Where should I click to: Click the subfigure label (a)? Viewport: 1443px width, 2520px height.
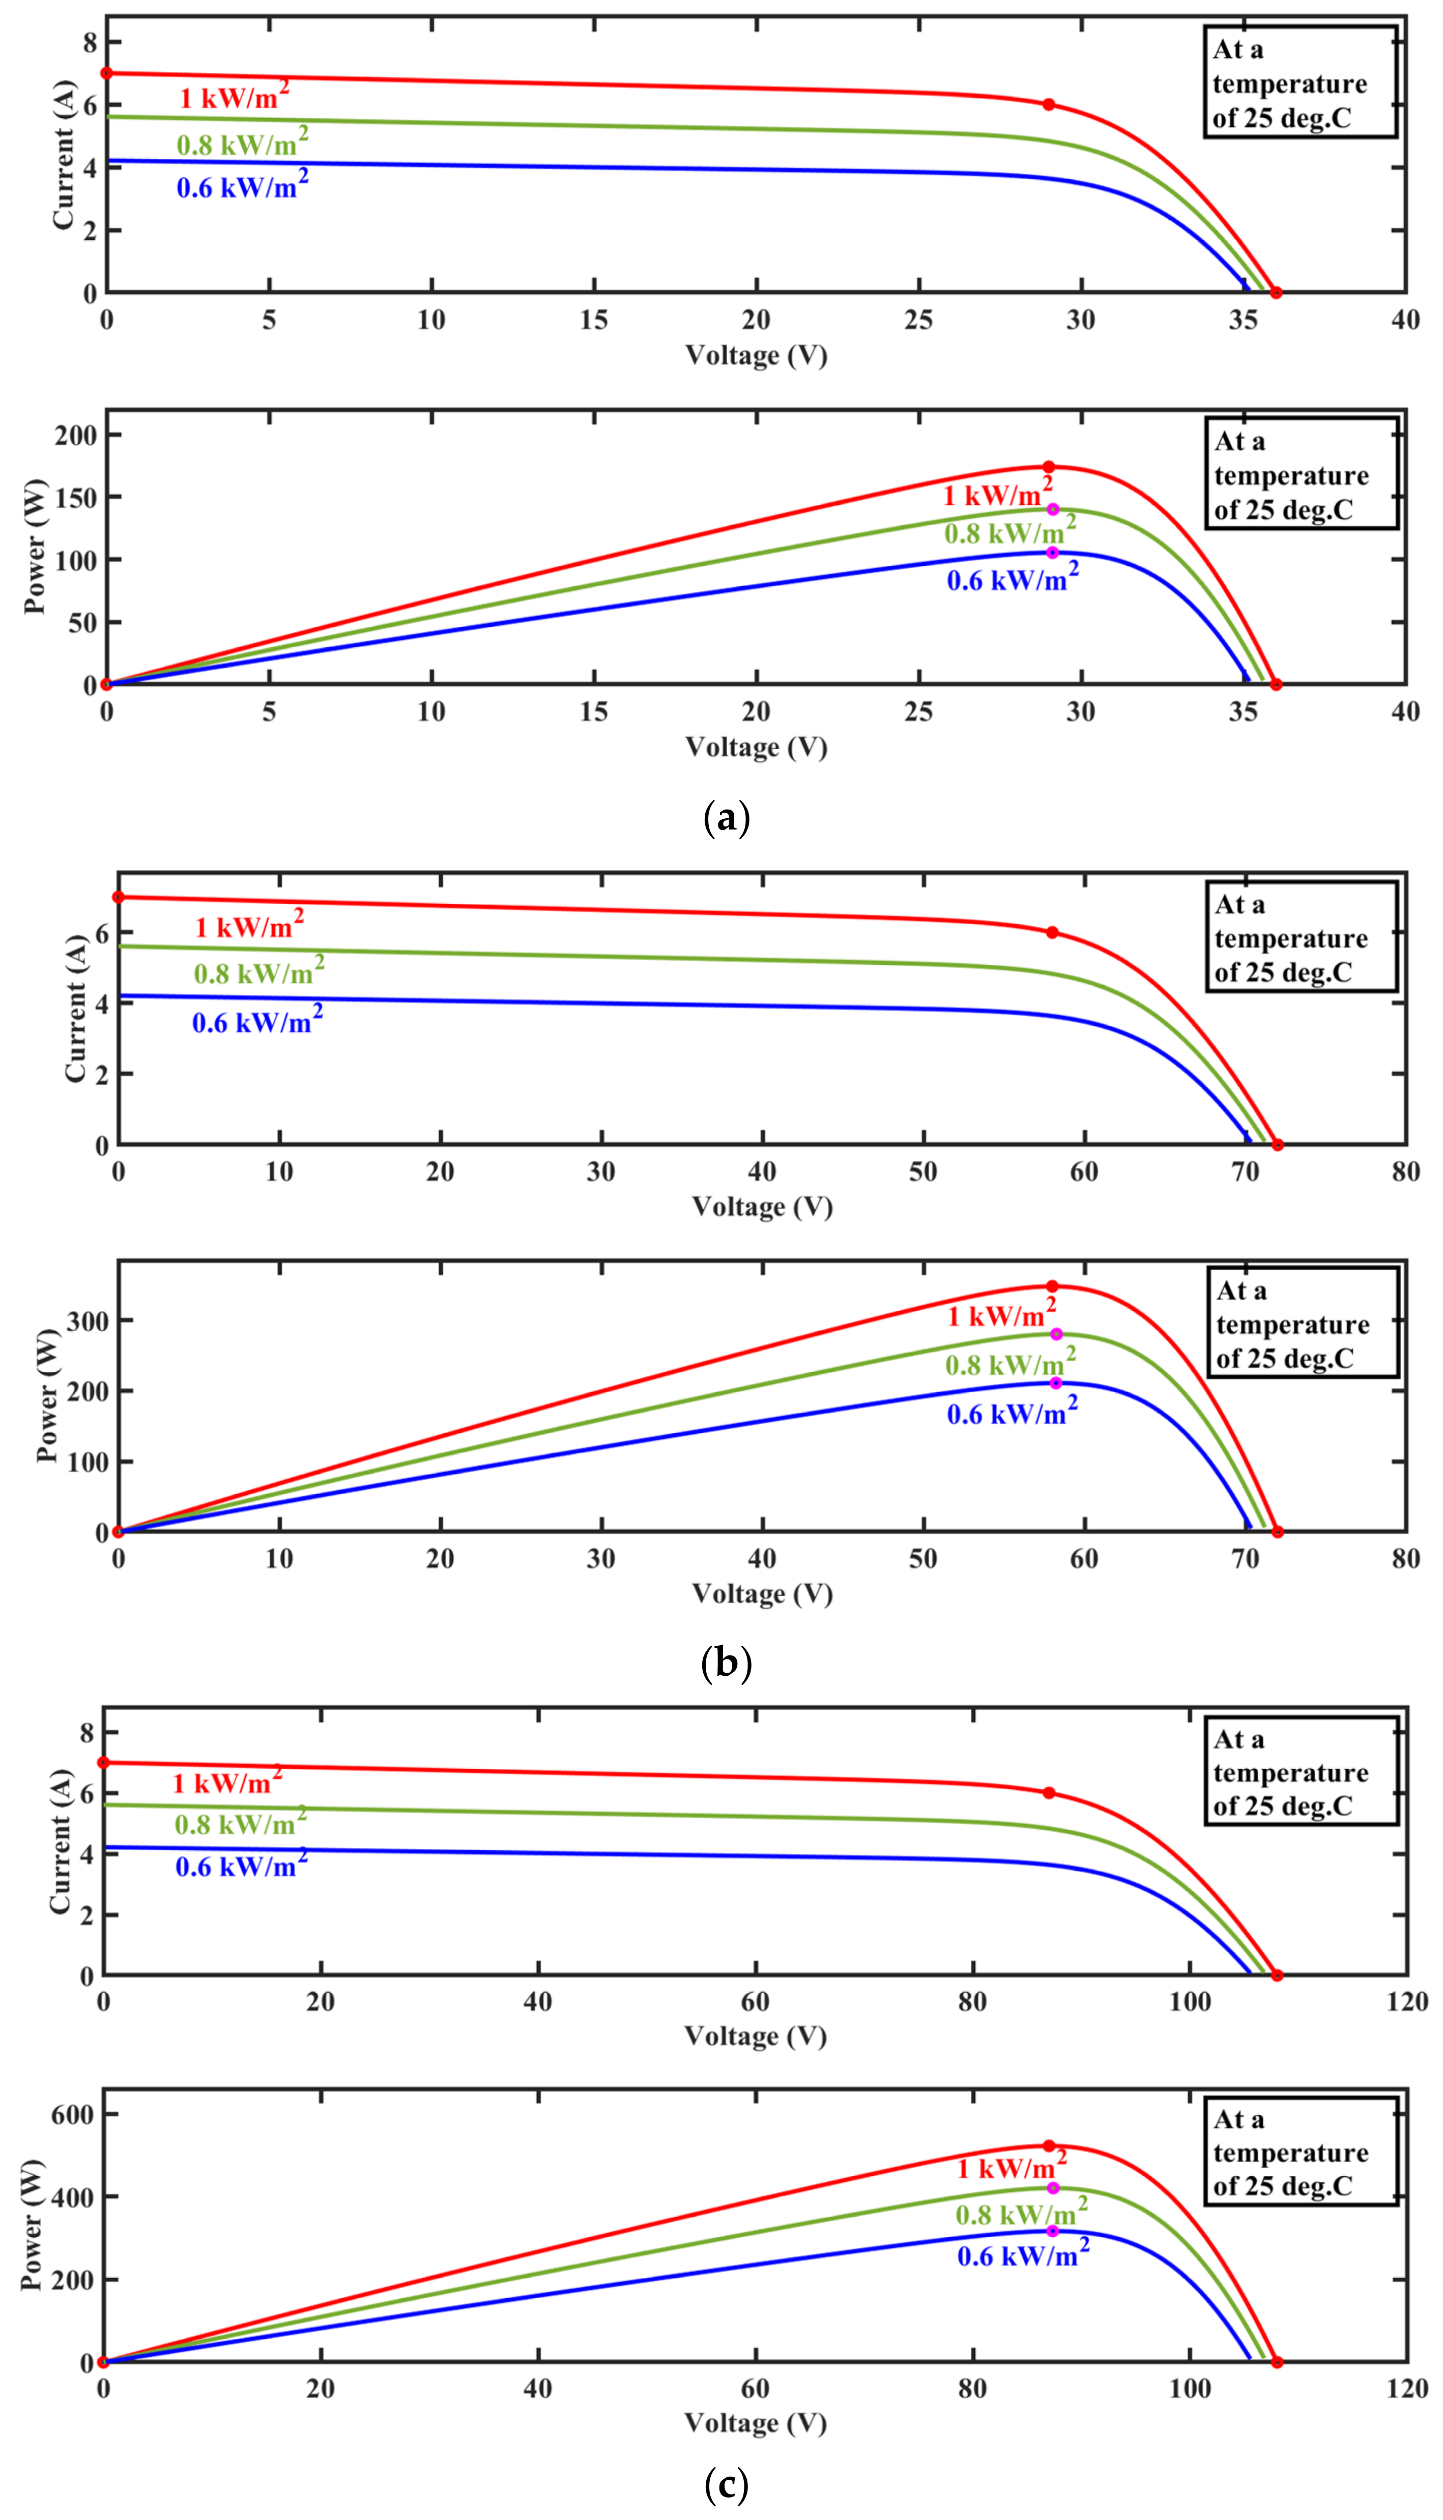point(726,818)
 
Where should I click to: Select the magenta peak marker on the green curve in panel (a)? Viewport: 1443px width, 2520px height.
point(1053,509)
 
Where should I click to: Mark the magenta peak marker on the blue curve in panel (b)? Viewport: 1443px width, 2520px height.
point(1055,1383)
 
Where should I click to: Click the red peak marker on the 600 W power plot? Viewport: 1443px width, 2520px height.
point(1049,2145)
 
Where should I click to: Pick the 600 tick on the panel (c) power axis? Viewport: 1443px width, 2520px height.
point(73,2115)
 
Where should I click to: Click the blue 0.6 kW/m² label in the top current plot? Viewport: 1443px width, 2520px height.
point(242,185)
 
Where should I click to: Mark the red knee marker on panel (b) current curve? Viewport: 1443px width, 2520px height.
point(1052,932)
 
